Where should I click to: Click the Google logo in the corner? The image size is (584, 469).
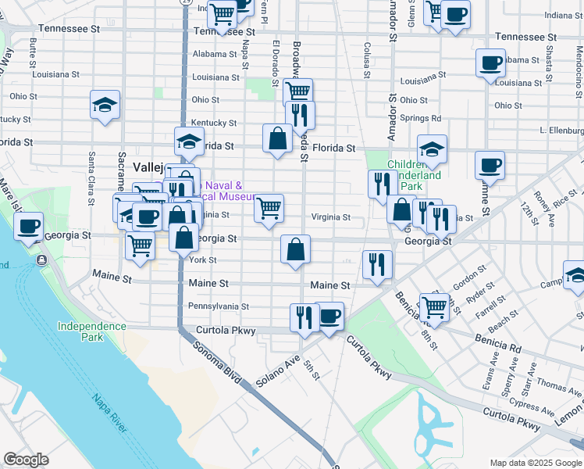(x=27, y=460)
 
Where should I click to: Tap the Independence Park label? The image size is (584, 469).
(x=91, y=331)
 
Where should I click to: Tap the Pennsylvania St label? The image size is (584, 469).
(x=218, y=306)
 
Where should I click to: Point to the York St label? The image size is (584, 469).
(x=202, y=260)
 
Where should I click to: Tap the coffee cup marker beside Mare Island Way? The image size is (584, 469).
(x=29, y=227)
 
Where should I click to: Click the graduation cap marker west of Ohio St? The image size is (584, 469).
(x=105, y=105)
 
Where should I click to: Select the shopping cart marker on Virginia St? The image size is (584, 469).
(x=269, y=208)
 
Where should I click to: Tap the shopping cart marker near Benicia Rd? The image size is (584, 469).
(x=434, y=306)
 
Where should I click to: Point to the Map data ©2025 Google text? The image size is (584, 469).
(x=535, y=463)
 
